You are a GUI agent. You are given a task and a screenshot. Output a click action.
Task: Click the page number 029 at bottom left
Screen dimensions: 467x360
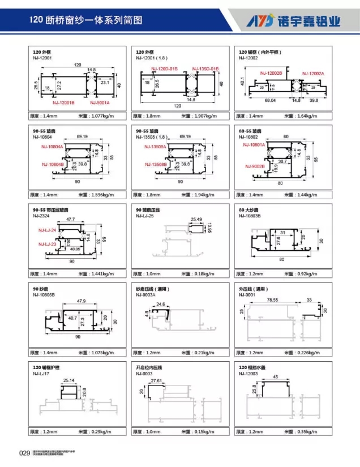[24, 452]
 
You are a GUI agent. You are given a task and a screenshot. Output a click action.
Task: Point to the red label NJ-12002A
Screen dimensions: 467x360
[312, 74]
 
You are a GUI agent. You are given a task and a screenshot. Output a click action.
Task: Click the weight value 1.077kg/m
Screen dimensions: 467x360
[103, 116]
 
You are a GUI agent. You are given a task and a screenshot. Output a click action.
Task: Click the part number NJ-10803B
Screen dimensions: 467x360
[251, 216]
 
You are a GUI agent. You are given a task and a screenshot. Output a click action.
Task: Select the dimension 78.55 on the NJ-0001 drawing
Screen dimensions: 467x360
[273, 299]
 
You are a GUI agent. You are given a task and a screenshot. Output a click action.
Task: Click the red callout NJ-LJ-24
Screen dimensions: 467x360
[48, 231]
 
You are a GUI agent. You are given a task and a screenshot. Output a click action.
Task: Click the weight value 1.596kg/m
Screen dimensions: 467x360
[103, 195]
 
